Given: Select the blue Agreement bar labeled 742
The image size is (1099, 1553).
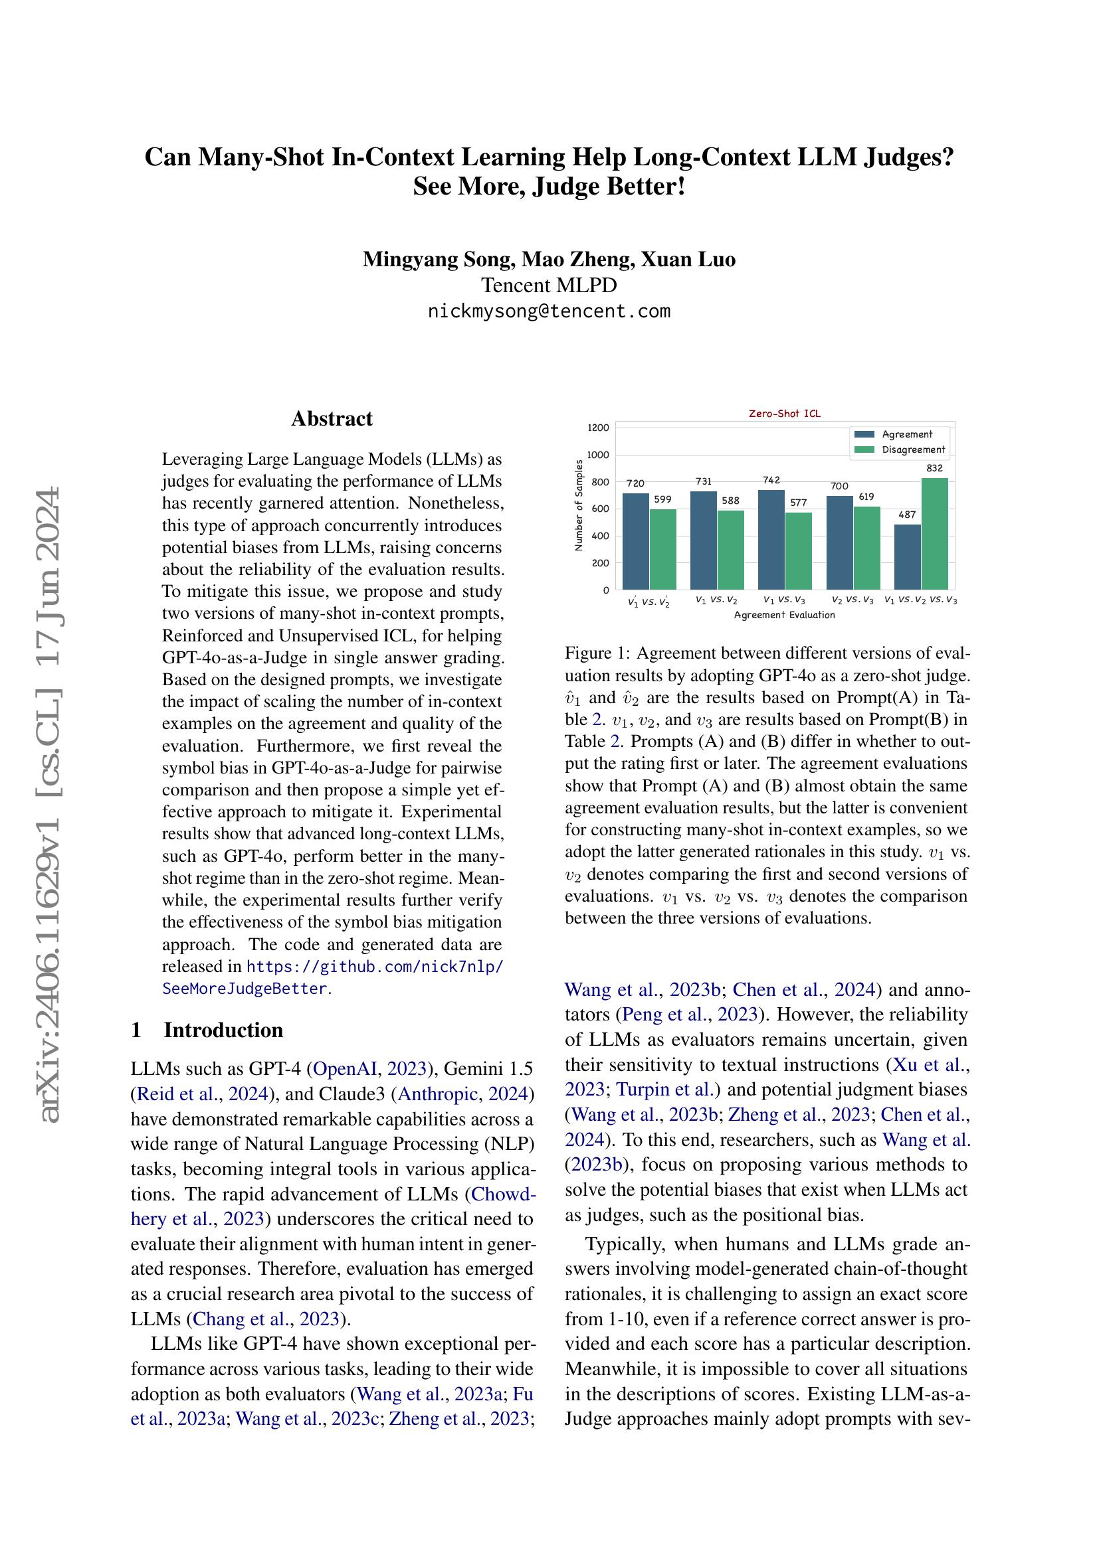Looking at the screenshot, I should pyautogui.click(x=771, y=539).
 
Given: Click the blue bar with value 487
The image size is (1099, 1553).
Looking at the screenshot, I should pyautogui.click(x=907, y=556).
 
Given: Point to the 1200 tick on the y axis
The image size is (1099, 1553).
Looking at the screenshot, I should pyautogui.click(x=598, y=428).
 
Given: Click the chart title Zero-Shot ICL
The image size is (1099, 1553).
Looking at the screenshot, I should pyautogui.click(x=784, y=413).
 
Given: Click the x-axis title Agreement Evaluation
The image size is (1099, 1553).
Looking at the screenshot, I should pyautogui.click(x=784, y=615).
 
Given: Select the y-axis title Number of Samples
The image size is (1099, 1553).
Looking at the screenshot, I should pyautogui.click(x=579, y=505).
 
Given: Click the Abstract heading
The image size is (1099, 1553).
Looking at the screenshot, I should pyautogui.click(x=332, y=419).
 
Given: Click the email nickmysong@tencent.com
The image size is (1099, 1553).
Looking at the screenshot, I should pyautogui.click(x=549, y=311).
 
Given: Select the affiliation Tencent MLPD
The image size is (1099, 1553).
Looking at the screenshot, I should pyautogui.click(x=549, y=286).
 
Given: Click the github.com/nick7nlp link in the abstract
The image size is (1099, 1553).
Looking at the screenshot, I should pyautogui.click(x=375, y=966).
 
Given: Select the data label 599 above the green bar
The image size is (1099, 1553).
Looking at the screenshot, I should pyautogui.click(x=662, y=499).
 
